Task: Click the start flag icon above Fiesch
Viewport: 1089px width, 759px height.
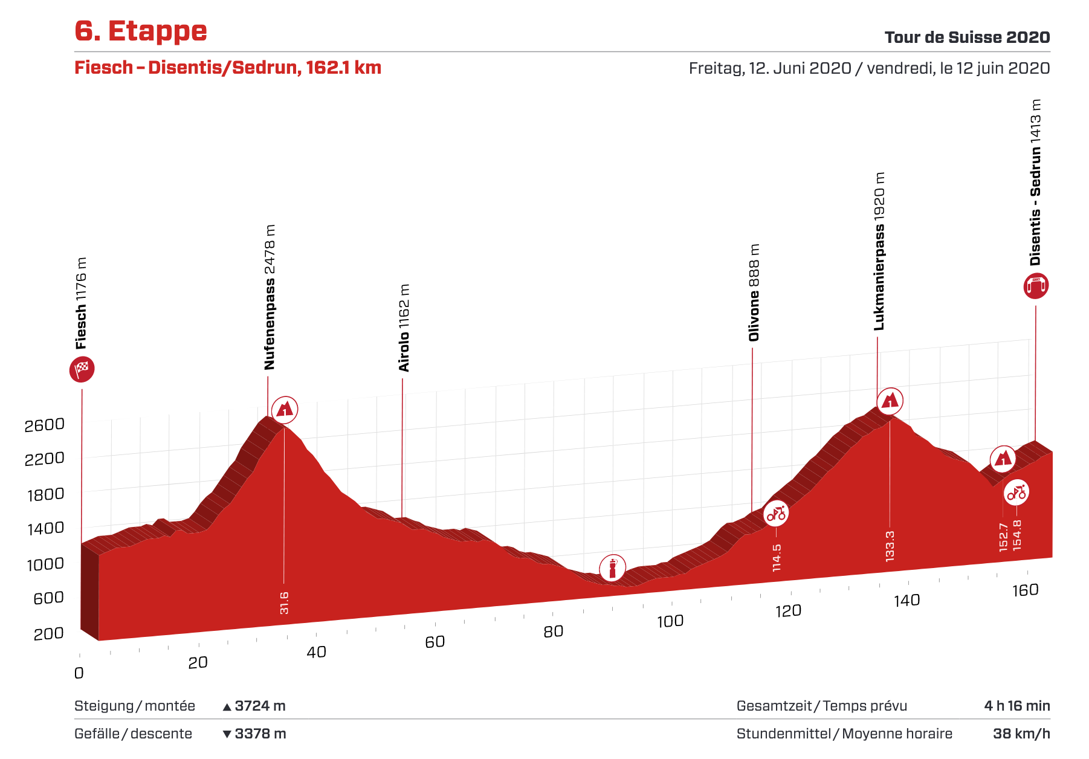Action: (x=82, y=369)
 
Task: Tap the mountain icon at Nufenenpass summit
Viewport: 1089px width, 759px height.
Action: (x=285, y=410)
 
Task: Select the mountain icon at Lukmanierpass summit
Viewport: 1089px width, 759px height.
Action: (x=890, y=400)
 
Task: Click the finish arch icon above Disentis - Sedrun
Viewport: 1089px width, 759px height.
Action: (x=1036, y=286)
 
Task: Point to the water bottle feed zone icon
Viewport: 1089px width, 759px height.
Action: (x=612, y=568)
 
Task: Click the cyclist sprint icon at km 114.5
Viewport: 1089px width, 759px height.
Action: (x=776, y=514)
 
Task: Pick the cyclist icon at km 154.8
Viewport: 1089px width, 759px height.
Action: (x=1016, y=493)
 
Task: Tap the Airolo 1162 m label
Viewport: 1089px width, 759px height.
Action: (x=404, y=328)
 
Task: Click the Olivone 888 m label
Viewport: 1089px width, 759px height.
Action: (x=754, y=292)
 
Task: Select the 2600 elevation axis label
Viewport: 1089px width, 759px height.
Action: (x=45, y=425)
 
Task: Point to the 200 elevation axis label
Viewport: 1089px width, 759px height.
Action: (x=49, y=634)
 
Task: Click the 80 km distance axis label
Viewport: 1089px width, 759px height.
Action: (x=553, y=631)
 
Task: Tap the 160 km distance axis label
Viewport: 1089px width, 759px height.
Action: (x=1025, y=590)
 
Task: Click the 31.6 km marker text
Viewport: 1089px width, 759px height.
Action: (x=284, y=603)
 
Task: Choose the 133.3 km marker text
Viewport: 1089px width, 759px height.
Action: (x=890, y=546)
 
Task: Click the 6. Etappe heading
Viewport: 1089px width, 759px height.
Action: (x=141, y=31)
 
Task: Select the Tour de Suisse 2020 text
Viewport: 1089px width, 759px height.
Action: (x=967, y=37)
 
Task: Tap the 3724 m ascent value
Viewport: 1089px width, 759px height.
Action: (x=260, y=706)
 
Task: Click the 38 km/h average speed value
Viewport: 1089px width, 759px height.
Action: (x=1021, y=734)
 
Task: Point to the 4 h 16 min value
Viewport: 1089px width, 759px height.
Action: (x=1017, y=706)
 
